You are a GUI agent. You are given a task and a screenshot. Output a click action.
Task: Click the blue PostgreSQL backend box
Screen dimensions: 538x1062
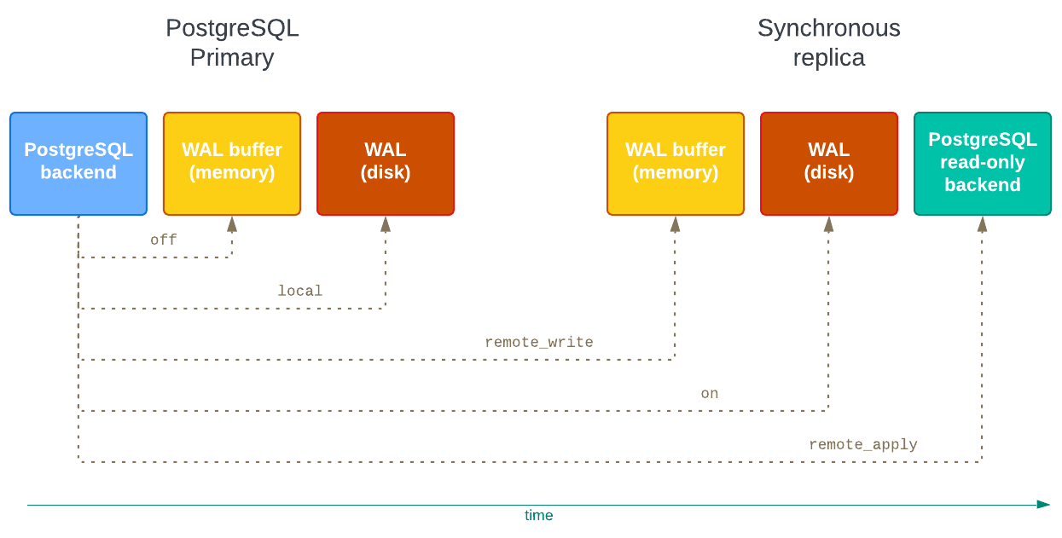(x=78, y=164)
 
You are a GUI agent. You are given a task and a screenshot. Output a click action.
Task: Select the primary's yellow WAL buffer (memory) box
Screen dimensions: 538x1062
(x=231, y=164)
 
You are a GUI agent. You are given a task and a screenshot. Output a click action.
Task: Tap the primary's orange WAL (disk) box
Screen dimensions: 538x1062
(x=385, y=164)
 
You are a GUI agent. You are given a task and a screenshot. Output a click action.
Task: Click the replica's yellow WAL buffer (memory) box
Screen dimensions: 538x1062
(x=675, y=164)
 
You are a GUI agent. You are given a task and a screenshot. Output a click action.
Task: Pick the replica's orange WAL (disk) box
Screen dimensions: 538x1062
(x=828, y=164)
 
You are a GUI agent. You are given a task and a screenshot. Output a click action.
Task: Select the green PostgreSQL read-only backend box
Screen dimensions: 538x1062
(x=982, y=164)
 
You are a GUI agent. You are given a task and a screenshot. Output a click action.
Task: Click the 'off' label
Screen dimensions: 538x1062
(x=163, y=240)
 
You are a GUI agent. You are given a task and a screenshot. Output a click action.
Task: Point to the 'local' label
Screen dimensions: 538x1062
(x=299, y=291)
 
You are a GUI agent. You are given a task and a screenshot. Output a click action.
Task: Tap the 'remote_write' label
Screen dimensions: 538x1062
(x=538, y=342)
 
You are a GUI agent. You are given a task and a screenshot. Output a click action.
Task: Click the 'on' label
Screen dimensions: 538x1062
(x=709, y=393)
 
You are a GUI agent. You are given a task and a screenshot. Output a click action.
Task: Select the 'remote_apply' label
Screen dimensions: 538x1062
(x=862, y=444)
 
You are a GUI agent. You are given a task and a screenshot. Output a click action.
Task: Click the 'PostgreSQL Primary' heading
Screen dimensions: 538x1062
(x=232, y=43)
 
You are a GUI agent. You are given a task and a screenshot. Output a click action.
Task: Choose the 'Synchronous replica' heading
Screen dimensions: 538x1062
(x=828, y=43)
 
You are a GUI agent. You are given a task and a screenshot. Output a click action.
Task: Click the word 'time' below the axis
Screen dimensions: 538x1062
(x=538, y=516)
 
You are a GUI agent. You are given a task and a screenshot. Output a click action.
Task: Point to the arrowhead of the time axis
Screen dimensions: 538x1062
(x=1043, y=504)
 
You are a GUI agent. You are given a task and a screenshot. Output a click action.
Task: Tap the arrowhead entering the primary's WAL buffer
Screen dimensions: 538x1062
(x=231, y=224)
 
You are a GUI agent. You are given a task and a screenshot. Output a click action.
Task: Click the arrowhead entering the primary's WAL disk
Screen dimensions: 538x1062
(x=385, y=224)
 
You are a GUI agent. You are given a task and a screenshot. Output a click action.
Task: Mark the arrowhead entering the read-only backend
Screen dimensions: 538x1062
(x=982, y=224)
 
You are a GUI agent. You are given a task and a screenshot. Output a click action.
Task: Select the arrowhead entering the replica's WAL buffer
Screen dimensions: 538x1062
(x=675, y=224)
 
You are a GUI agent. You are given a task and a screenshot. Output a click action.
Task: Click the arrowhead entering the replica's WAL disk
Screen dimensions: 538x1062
(x=828, y=224)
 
